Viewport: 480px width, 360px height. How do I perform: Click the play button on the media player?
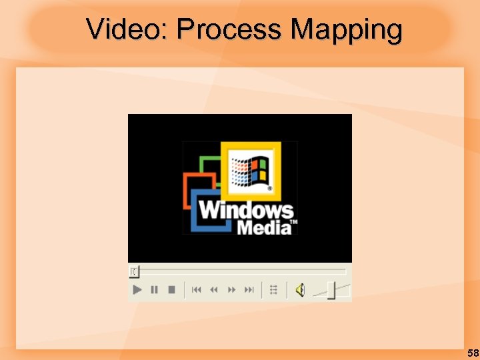pyautogui.click(x=137, y=289)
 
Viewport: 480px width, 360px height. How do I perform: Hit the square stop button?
pyautogui.click(x=171, y=289)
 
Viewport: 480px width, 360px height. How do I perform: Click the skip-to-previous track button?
pyautogui.click(x=197, y=289)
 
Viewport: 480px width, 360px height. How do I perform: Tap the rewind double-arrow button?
pyautogui.click(x=214, y=289)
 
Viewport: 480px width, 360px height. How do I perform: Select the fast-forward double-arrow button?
pyautogui.click(x=232, y=289)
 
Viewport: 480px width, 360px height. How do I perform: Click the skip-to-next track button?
pyautogui.click(x=249, y=289)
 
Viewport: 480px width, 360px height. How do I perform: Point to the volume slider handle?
pyautogui.click(x=331, y=291)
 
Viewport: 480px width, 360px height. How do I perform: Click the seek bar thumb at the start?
pyautogui.click(x=134, y=271)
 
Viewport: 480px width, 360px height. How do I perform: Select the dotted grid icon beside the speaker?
pyautogui.click(x=273, y=289)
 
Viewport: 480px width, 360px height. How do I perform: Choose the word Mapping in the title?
pyautogui.click(x=347, y=29)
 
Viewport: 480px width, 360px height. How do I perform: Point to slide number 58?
pyautogui.click(x=472, y=353)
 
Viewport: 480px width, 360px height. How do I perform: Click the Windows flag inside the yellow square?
pyautogui.click(x=250, y=170)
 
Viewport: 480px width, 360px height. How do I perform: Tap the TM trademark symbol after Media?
pyautogui.click(x=294, y=222)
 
